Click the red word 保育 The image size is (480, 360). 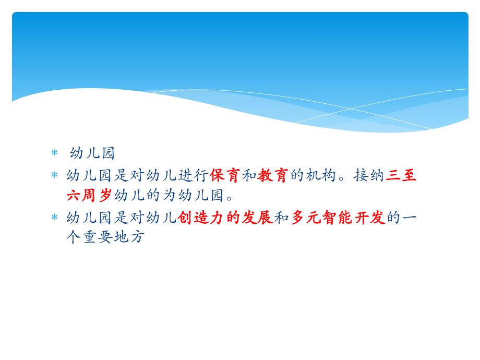pos(225,176)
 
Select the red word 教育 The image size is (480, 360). pos(273,176)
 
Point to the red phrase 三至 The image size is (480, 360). pos(401,176)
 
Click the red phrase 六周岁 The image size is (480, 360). pos(90,196)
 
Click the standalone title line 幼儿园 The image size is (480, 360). pos(92,154)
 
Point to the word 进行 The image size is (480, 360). pos(193,176)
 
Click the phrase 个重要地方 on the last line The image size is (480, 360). pos(105,238)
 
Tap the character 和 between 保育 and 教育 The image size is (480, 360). pos(249,176)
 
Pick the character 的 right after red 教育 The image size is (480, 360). pos(297,176)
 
